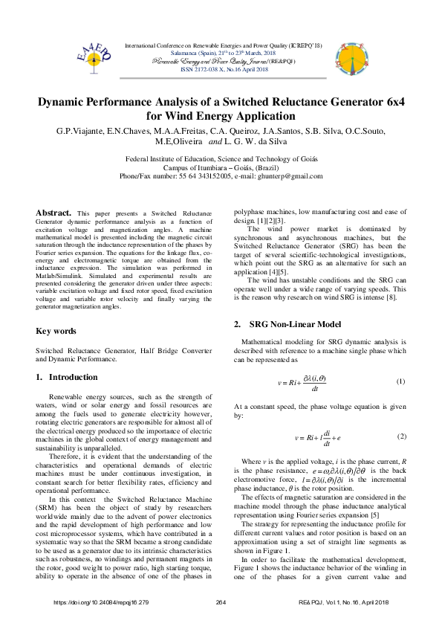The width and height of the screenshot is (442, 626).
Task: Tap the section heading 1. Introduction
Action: (67, 377)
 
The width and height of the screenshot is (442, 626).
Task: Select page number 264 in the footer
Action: (221, 601)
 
